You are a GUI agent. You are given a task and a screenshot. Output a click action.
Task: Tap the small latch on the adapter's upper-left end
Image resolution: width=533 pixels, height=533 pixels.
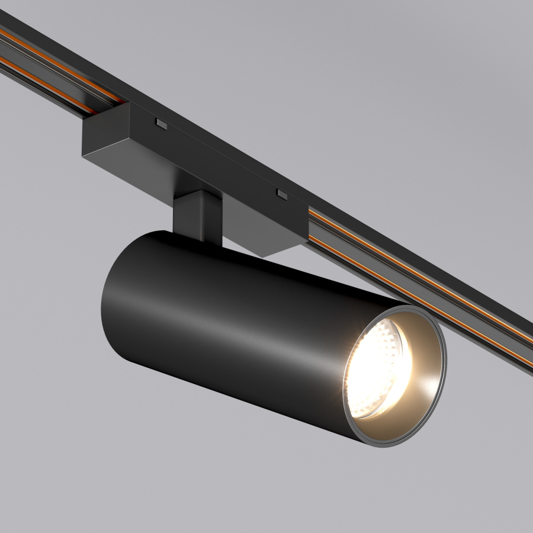[x=160, y=123]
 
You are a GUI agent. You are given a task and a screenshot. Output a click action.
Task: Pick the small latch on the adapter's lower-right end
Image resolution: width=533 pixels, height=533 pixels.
[x=281, y=194]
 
